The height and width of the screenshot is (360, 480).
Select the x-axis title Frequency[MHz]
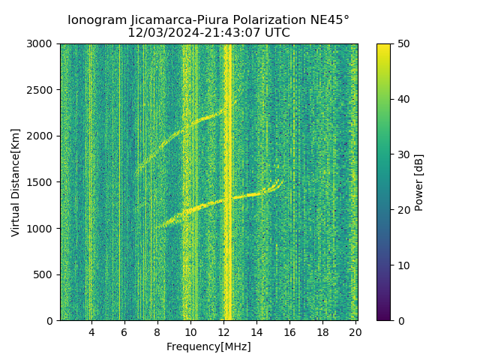click(208, 346)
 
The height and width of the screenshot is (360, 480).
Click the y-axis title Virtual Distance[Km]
click(16, 182)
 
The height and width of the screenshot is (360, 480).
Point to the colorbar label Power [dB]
click(419, 182)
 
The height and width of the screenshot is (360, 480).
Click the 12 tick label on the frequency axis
click(223, 332)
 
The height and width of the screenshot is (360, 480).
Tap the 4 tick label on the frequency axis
click(91, 332)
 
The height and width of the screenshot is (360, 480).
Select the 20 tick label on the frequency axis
click(355, 332)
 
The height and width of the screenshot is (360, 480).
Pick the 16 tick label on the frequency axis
click(289, 332)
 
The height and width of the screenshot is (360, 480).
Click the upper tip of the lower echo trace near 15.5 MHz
click(281, 180)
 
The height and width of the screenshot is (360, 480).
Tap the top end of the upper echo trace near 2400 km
click(235, 100)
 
